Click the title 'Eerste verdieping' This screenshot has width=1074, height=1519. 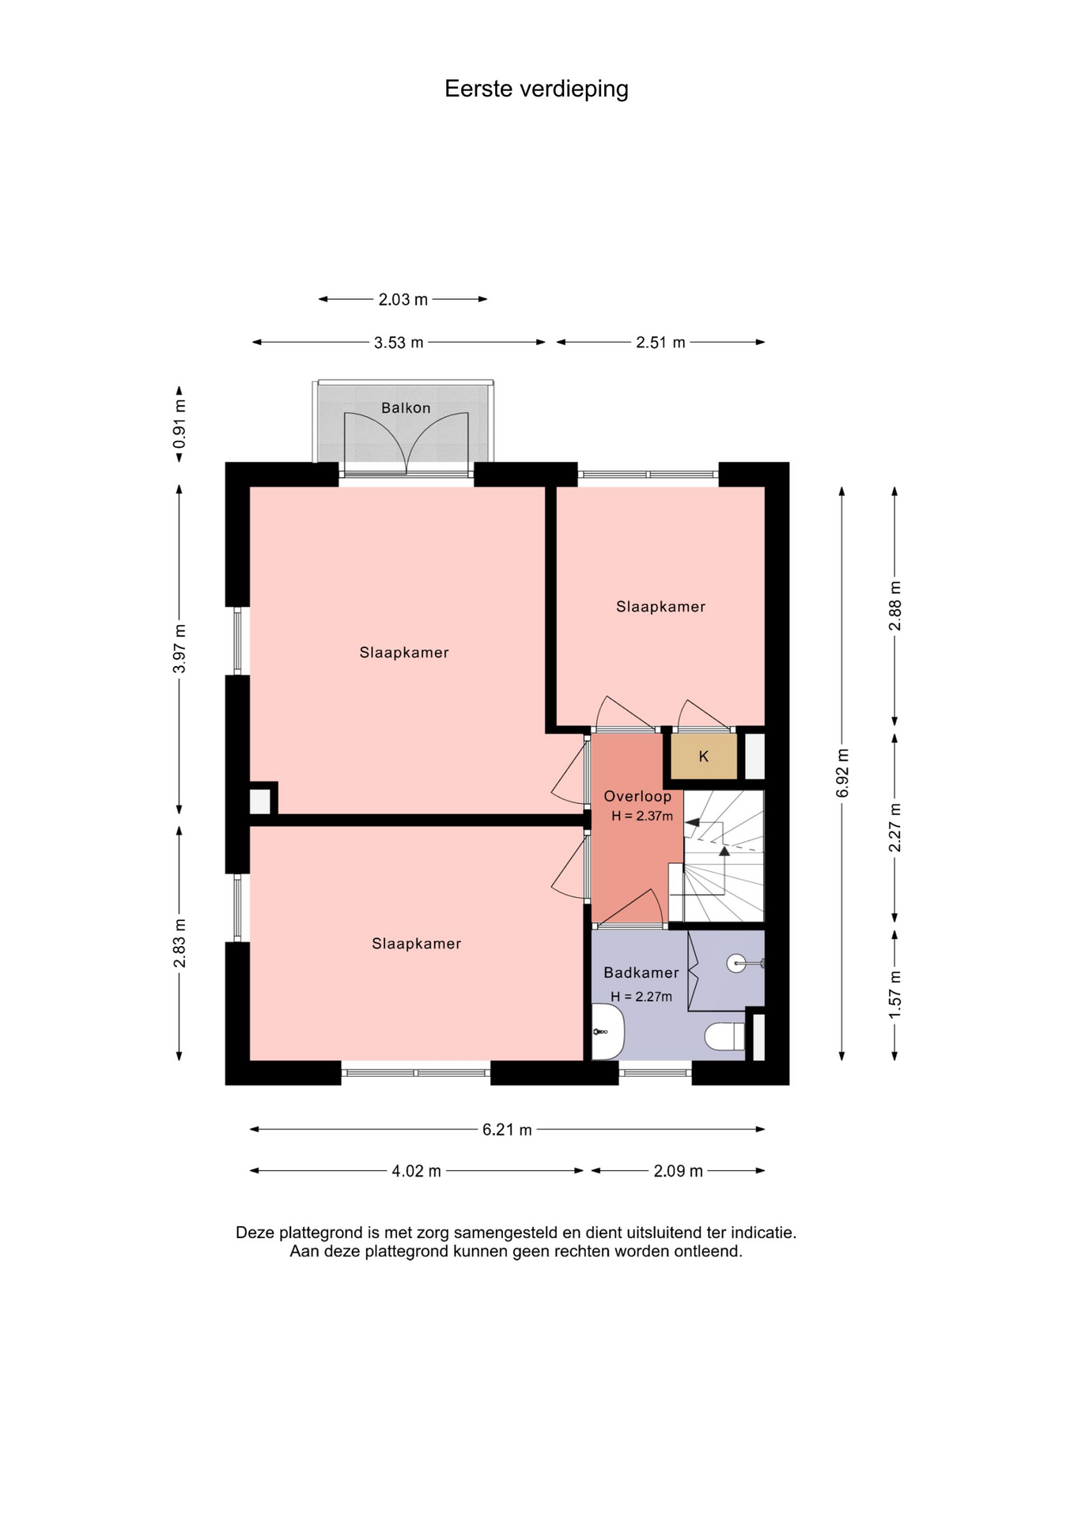pyautogui.click(x=536, y=89)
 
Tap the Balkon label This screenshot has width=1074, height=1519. pyautogui.click(x=406, y=408)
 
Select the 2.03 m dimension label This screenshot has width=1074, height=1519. pyautogui.click(x=403, y=299)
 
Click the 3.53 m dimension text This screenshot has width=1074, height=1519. pyautogui.click(x=399, y=343)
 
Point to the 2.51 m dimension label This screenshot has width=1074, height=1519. pyautogui.click(x=660, y=343)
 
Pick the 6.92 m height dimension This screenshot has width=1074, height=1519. pyautogui.click(x=842, y=773)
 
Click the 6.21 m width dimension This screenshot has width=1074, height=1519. pyautogui.click(x=507, y=1130)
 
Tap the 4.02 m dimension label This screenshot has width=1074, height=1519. pyautogui.click(x=416, y=1171)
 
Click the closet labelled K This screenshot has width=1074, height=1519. pyautogui.click(x=704, y=757)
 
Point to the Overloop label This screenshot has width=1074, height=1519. pyautogui.click(x=637, y=797)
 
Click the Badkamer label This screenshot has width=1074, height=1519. pyautogui.click(x=641, y=973)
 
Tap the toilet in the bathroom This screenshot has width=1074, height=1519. pyautogui.click(x=724, y=1036)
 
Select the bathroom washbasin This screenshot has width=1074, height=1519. pyautogui.click(x=608, y=1032)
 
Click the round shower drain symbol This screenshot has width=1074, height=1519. pyautogui.click(x=736, y=963)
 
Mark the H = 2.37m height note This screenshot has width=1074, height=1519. pyautogui.click(x=642, y=816)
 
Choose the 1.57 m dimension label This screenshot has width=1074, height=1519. pyautogui.click(x=895, y=994)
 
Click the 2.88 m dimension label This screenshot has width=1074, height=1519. pyautogui.click(x=895, y=606)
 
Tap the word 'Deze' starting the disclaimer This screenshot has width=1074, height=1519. pyautogui.click(x=255, y=1233)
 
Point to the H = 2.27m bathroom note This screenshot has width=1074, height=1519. pyautogui.click(x=641, y=997)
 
